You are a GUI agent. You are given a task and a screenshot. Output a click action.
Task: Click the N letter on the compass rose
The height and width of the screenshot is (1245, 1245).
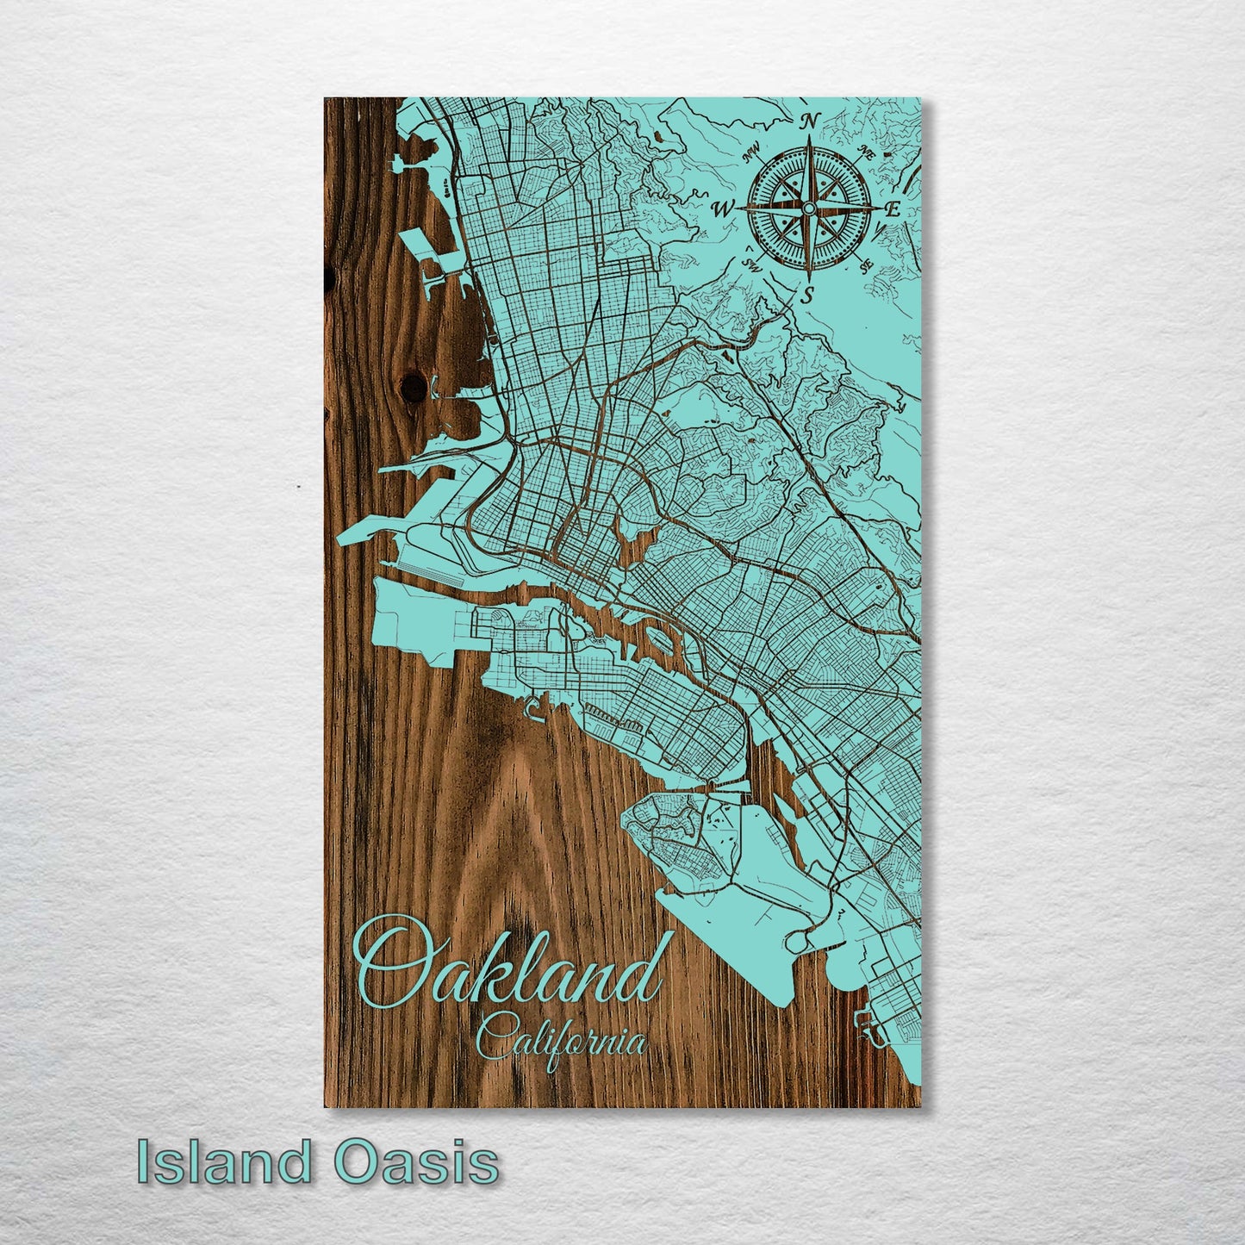pos(808,122)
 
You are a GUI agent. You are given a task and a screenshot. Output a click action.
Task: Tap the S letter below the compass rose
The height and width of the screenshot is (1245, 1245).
pos(806,295)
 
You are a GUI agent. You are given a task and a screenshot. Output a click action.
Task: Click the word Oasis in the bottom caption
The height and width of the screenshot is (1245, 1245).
pos(417,1162)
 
